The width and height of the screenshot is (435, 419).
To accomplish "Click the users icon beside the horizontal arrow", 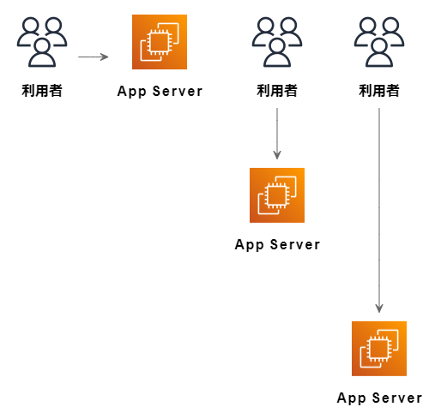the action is (x=42, y=42).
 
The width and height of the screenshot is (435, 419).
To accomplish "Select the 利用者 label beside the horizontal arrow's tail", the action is (x=42, y=91).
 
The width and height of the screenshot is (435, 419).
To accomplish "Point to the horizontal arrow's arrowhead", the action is (x=105, y=57).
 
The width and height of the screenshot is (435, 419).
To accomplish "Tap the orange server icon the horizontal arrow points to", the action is (x=160, y=42).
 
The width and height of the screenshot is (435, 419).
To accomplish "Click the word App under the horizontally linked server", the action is (x=132, y=92).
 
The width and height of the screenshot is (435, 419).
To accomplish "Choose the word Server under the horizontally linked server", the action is (x=178, y=92).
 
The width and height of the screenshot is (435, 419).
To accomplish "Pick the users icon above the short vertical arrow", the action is (x=277, y=42).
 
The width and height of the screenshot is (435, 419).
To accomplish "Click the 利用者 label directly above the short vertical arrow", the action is (x=277, y=91).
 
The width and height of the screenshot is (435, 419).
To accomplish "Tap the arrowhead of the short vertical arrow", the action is (x=277, y=155).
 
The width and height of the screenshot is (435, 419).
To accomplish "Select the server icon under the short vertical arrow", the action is (x=277, y=195).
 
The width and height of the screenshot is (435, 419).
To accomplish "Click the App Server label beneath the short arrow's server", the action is (x=277, y=245).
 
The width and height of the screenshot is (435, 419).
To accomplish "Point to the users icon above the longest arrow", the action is (x=379, y=42).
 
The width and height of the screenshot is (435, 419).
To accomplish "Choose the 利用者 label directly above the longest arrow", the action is (x=379, y=91).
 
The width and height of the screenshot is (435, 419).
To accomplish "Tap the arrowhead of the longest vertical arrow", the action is (x=379, y=308).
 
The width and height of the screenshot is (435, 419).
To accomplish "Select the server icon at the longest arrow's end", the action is (x=379, y=349).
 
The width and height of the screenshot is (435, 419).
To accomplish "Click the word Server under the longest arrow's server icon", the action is (x=397, y=398).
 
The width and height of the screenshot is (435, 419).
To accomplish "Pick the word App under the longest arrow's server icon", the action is (x=352, y=398).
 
